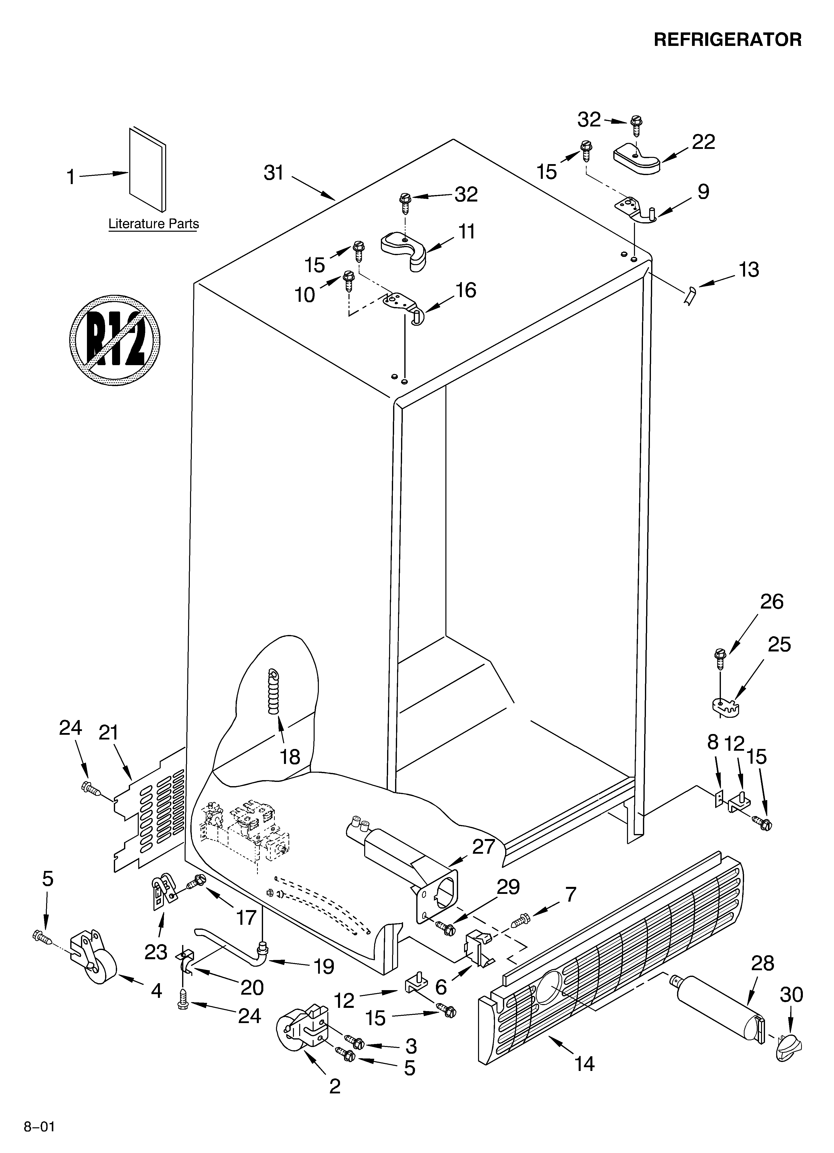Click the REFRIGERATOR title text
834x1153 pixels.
pos(727,40)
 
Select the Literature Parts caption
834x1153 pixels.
pos(153,224)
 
